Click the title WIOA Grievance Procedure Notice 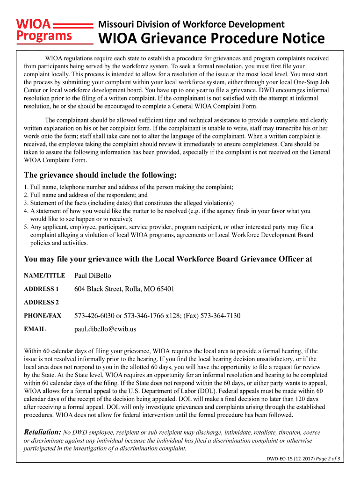tap(210, 38)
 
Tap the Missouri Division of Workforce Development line tap(191, 24)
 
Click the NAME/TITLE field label tap(44, 276)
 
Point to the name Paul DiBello tap(93, 276)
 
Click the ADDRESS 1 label tap(41, 289)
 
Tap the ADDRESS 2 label tap(41, 302)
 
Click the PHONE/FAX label tap(43, 316)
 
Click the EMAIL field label tap(35, 329)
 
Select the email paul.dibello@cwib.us tap(105, 329)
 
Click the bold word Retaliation tap(42, 432)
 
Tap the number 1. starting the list tap(26, 187)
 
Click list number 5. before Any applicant tap(26, 227)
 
